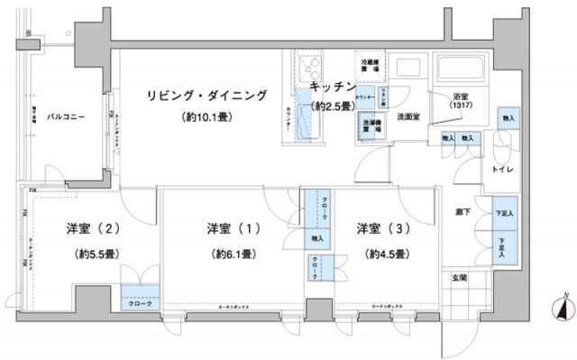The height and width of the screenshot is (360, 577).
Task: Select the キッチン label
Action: point(330,87)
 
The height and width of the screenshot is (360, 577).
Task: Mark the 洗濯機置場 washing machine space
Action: point(369,126)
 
